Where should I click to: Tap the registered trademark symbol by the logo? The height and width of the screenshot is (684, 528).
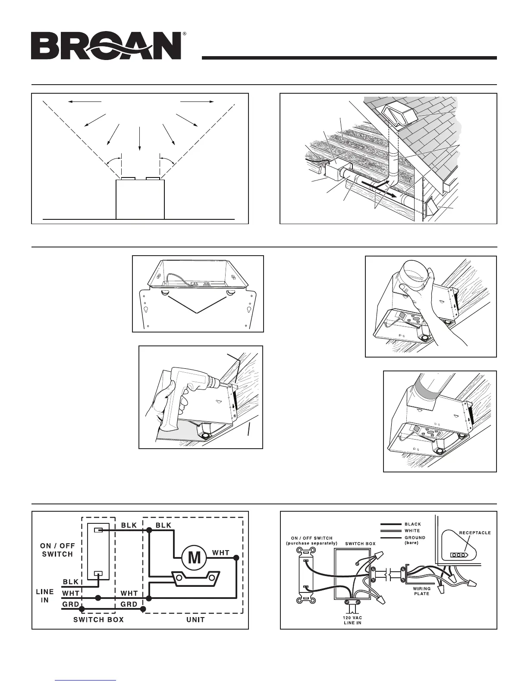coord(185,34)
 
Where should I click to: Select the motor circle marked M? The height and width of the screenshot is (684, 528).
coord(195,557)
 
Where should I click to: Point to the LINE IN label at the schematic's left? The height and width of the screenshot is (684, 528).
coord(44,596)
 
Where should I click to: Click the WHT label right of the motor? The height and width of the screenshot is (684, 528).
coord(220,552)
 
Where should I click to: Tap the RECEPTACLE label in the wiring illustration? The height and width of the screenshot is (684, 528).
coord(475,532)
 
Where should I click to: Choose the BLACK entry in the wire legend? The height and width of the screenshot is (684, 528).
coord(412,524)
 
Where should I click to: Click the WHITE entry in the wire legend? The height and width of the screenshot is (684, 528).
coord(412,531)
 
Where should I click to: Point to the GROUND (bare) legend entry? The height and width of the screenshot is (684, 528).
coord(415,540)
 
